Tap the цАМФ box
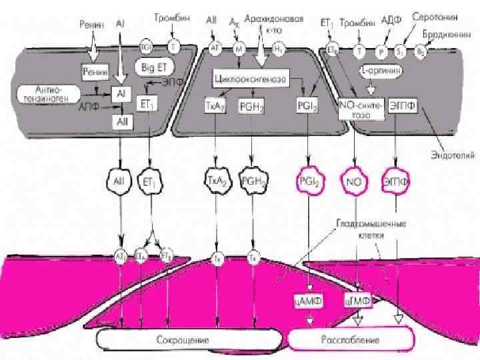pyautogui.click(x=308, y=301)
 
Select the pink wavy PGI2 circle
pyautogui.click(x=307, y=181)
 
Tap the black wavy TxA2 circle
pyautogui.click(x=215, y=180)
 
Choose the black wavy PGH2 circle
pyautogui.click(x=253, y=180)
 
